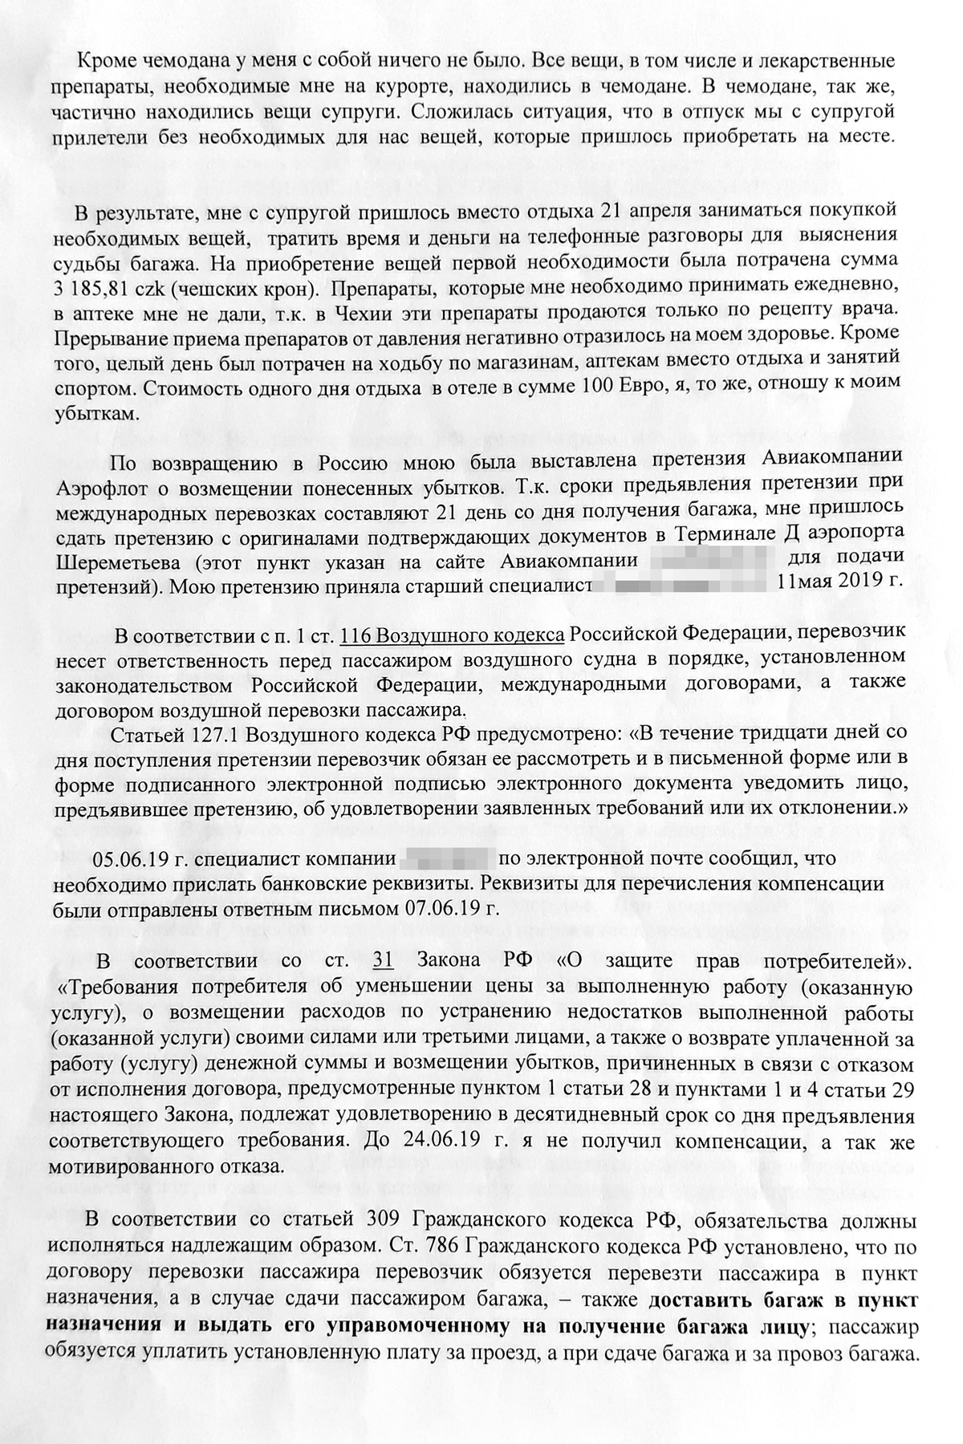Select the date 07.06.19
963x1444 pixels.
454,908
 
